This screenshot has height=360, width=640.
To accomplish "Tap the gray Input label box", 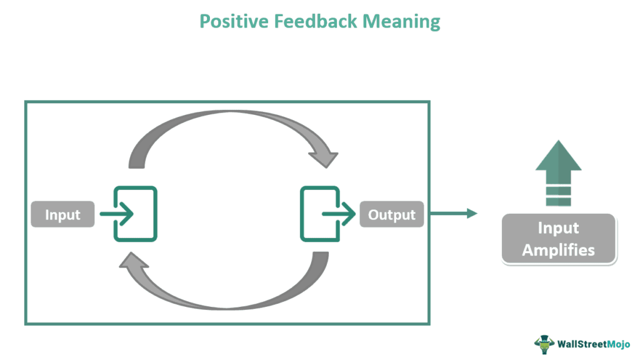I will tap(62, 214).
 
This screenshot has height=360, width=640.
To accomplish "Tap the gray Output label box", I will tap(391, 214).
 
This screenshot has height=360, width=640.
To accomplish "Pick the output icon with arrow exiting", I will tap(319, 214).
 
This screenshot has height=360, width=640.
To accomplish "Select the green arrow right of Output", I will tap(453, 214).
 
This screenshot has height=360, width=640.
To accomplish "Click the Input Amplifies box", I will tap(558, 239).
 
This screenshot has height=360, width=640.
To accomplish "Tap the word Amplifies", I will tap(558, 250).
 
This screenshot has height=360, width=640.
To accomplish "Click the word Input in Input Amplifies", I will tap(558, 228).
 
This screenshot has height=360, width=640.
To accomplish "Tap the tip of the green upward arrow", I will tap(558, 142).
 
